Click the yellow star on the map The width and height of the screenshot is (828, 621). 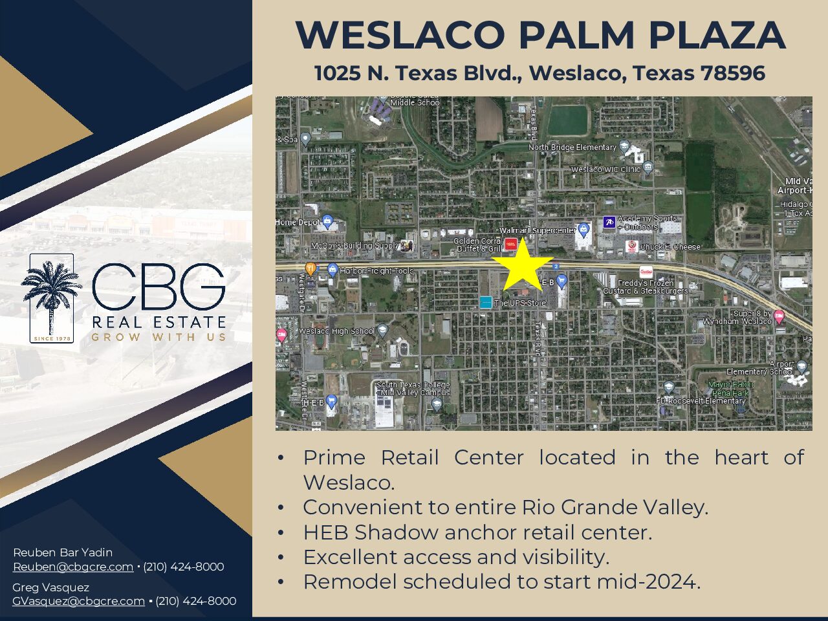point(522,266)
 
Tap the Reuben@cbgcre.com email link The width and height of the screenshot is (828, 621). point(73,567)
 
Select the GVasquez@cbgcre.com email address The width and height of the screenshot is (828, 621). point(78,601)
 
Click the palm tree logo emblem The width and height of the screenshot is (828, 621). point(51,298)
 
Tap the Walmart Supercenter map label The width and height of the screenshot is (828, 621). point(536,231)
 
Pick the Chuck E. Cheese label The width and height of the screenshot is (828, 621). point(670,247)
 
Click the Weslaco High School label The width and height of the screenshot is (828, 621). point(336,331)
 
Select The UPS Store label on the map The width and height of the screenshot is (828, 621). point(520,303)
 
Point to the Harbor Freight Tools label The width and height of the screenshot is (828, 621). point(376,271)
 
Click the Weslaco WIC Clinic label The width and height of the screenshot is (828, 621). point(605,169)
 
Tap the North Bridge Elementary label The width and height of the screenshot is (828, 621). point(572,147)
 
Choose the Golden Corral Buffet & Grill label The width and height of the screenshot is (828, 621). point(477,245)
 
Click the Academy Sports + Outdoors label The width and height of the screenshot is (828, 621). point(647,223)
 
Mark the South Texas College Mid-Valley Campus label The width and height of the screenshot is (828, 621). point(413,389)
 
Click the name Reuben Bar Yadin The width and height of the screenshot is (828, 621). point(63,552)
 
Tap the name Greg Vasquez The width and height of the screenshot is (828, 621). point(50,587)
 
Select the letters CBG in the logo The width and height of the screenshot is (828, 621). point(158,287)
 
